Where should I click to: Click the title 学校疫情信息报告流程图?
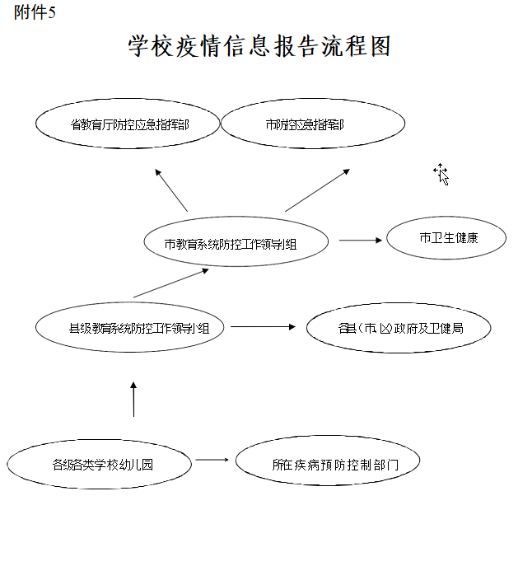point(259,46)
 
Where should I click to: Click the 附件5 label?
point(35,13)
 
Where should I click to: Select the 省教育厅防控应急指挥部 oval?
point(128,124)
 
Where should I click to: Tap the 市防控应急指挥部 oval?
point(313,125)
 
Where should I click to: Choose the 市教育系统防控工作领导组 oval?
point(236,243)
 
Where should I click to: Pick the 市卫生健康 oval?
point(446,239)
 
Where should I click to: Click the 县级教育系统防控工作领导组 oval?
point(132,328)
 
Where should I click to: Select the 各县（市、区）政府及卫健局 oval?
point(399,329)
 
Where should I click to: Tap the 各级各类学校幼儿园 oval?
point(100,464)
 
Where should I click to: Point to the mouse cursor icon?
point(441,173)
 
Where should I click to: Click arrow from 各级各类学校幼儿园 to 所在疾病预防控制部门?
point(212,460)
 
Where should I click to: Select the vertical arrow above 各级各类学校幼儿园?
point(133,399)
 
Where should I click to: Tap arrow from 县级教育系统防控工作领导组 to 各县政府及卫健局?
point(263,327)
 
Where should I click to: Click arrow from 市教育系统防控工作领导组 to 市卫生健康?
point(362,241)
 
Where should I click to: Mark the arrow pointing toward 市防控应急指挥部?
point(317,190)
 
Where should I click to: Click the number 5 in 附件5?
point(52,13)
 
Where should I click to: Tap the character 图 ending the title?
point(380,46)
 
